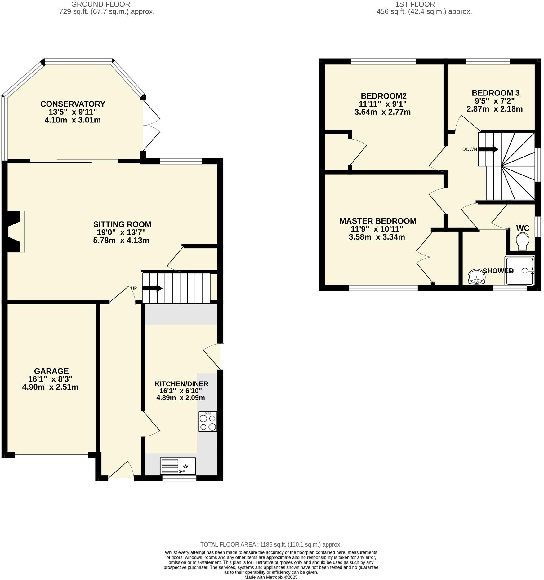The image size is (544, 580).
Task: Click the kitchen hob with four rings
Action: coord(208,422)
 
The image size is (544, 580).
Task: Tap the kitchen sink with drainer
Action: coord(178,466)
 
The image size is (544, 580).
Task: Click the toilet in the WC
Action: coord(522,241)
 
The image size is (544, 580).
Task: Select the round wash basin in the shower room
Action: coord(476,277)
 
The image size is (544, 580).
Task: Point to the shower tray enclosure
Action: coord(519,271)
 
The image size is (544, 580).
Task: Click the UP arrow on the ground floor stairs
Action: coord(152,288)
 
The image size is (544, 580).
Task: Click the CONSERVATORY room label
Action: coord(73,104)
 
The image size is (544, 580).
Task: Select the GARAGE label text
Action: coord(51,371)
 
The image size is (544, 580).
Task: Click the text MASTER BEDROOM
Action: coord(378,221)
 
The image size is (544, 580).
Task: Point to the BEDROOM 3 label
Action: coord(495,93)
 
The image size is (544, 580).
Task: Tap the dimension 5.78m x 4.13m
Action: coord(121,240)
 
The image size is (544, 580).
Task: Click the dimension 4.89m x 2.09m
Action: coord(181,398)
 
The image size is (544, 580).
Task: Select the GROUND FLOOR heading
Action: coord(100,4)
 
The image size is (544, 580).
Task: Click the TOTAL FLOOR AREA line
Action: coord(271,544)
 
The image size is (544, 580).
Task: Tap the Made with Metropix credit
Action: coord(271,577)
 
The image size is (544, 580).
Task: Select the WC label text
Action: coord(523,228)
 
